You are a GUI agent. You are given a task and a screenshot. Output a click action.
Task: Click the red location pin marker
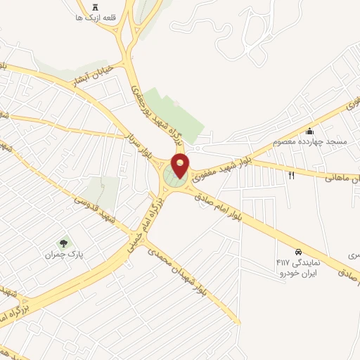(181, 165)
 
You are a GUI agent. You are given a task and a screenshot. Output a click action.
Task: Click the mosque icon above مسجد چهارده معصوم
(309, 131)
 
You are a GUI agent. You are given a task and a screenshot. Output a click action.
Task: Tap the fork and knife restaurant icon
(291, 175)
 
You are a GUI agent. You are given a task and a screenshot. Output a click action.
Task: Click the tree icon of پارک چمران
(64, 243)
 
